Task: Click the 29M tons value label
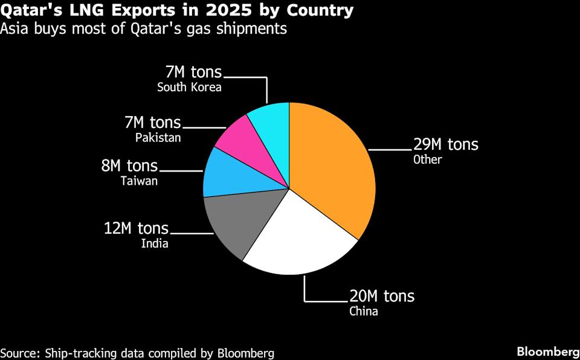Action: pyautogui.click(x=445, y=145)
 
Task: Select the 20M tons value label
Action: pyautogui.click(x=382, y=297)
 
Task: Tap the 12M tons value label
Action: pyautogui.click(x=137, y=228)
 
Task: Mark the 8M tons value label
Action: pyautogui.click(x=129, y=166)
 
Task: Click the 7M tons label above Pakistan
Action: pyautogui.click(x=152, y=123)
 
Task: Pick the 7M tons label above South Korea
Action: pyautogui.click(x=193, y=72)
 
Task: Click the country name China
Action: pyautogui.click(x=364, y=312)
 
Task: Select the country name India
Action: pyautogui.click(x=155, y=244)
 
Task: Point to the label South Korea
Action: pyautogui.click(x=189, y=88)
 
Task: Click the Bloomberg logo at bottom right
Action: pyautogui.click(x=547, y=352)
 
